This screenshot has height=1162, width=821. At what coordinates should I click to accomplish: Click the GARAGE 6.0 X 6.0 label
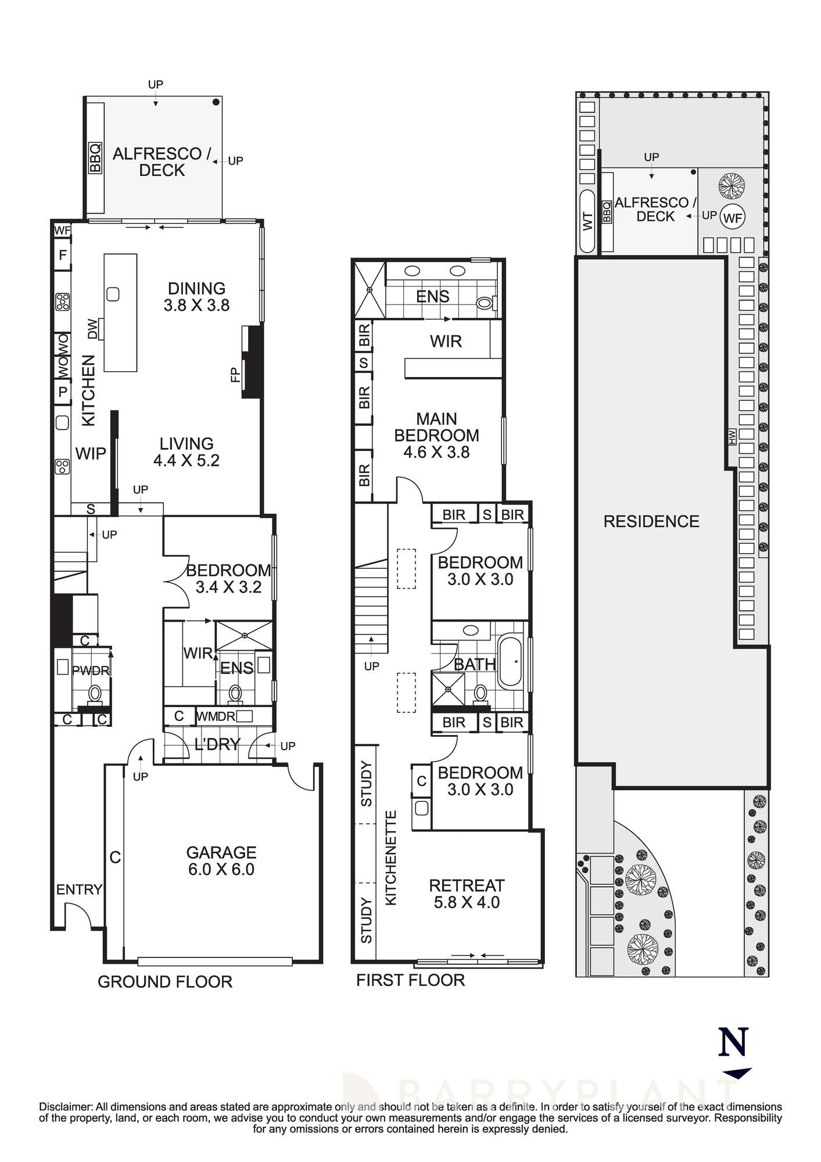pos(221,860)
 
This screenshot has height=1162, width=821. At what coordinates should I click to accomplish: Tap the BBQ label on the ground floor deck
pos(95,157)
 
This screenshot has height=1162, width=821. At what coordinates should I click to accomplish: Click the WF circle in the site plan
pos(733,218)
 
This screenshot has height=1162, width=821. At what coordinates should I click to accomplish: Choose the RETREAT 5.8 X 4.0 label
pos(467,894)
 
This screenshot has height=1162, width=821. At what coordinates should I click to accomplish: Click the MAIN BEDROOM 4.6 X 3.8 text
pos(436,435)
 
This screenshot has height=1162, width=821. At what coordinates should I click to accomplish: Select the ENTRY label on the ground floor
pos(79,890)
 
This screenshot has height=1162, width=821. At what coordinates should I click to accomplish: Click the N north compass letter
pos(733,1042)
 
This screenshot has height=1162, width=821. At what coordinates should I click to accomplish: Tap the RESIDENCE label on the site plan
pos(651,521)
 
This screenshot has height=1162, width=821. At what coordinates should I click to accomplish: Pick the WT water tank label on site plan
pos(588,221)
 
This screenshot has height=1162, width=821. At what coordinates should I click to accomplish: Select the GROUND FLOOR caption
pos(165,981)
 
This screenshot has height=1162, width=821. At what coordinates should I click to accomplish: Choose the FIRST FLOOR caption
pos(410,980)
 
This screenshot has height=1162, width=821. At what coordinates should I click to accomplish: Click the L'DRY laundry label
pos(217,744)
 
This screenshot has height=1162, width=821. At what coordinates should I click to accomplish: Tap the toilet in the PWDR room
pos(95,693)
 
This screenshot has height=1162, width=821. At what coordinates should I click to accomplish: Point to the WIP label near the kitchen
pos(91,453)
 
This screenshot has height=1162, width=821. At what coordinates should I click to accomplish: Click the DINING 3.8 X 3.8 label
pos(196,296)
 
